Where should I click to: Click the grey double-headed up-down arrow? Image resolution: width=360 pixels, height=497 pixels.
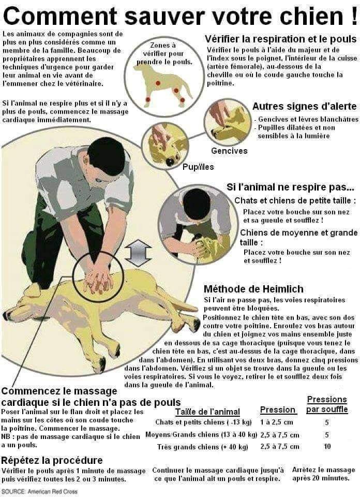tap(138, 254)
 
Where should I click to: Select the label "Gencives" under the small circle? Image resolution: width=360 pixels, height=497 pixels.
tap(229, 151)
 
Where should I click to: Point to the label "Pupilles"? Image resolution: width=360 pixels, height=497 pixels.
tap(199, 167)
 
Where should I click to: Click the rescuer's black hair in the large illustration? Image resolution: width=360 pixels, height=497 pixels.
tap(106, 156)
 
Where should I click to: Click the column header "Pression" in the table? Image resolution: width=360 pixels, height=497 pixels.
tap(278, 410)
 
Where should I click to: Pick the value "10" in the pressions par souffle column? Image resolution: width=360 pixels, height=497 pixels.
tap(327, 446)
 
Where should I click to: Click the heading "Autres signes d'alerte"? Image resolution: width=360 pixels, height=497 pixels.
tap(304, 107)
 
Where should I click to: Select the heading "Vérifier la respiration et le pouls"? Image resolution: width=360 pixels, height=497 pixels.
tap(280, 39)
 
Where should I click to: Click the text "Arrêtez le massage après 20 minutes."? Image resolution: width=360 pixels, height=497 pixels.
tap(323, 474)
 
